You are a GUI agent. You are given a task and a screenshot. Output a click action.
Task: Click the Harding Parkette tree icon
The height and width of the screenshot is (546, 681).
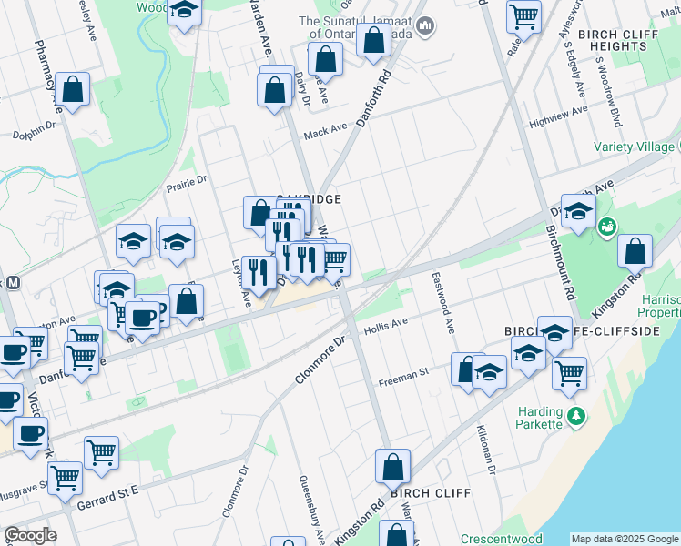574,417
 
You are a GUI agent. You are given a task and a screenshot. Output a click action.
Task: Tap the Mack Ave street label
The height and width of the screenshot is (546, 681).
326,132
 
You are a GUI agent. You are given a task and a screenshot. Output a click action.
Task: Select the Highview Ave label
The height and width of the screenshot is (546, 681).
560,116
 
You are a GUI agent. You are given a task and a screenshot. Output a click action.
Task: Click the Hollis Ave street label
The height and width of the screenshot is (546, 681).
384,328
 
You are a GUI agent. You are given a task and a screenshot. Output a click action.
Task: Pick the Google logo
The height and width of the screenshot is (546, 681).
30,535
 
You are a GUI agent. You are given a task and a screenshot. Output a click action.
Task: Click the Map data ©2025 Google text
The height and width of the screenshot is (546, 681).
625,539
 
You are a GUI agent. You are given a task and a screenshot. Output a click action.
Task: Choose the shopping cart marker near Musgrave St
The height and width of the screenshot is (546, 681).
66,476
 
